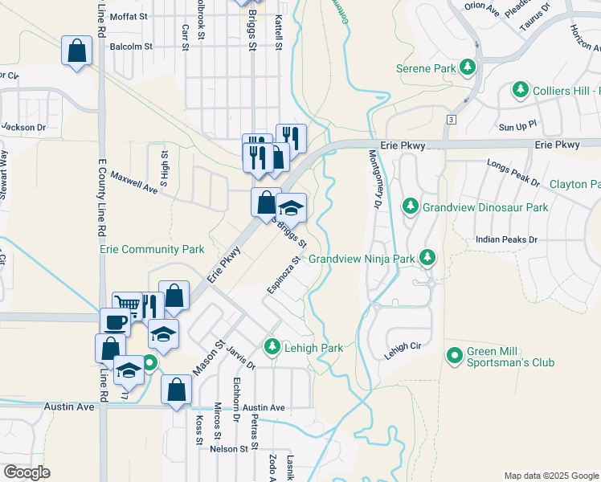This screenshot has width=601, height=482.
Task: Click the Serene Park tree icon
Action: point(466,67)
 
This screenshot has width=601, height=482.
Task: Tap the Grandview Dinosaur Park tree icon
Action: point(411,206)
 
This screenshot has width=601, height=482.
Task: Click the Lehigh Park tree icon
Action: point(272,347)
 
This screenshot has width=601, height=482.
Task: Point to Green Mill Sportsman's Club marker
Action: point(455,353)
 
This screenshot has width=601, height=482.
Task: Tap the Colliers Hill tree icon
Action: point(521,89)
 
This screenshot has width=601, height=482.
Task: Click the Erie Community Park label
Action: point(152,250)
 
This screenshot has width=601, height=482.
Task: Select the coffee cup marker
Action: point(114,321)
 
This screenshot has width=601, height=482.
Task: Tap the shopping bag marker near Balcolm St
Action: point(77,51)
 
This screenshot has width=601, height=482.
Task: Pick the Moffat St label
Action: point(129,16)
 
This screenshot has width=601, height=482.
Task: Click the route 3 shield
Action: point(452,120)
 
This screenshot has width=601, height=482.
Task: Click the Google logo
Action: point(27,472)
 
